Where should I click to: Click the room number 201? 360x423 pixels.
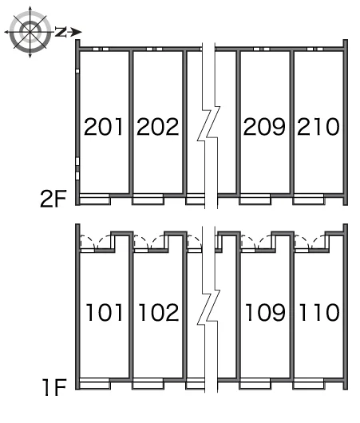pos(103,127)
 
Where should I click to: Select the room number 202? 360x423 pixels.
pos(157,127)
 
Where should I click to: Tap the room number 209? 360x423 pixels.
pos(264,127)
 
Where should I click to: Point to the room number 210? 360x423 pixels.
pos(318,127)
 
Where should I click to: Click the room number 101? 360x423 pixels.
pos(104,312)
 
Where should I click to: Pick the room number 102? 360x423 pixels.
pos(159,312)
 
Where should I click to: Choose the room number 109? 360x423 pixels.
pos(265,312)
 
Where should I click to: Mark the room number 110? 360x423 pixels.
pos(319,312)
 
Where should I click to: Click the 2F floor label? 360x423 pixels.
pos(53,199)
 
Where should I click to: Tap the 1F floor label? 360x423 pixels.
pos(55,387)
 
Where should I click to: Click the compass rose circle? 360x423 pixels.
pos(30,33)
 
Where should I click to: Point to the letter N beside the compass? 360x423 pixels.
pos(61,32)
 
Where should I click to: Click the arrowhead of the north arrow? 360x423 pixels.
pos(77,32)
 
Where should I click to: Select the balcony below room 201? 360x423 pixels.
pos(94,200)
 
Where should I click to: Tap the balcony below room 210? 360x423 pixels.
pos(309,200)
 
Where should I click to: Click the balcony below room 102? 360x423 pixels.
pos(148,384)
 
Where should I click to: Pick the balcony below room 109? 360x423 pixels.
pos(255,384)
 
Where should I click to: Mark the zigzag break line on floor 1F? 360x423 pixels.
pos(208,307)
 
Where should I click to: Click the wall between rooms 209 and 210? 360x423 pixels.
pos(291,123)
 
